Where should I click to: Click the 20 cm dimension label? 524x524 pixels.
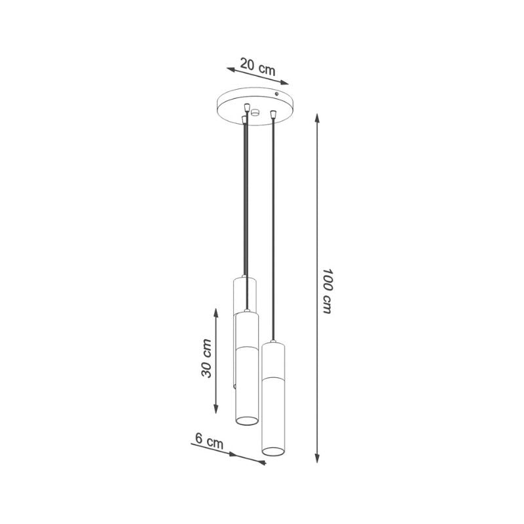[x=257, y=67]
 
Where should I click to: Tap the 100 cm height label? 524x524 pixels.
[x=328, y=290]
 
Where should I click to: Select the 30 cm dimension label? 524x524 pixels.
[x=206, y=358]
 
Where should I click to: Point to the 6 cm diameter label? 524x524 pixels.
[x=209, y=441]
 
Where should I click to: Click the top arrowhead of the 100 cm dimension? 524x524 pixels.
[x=317, y=118]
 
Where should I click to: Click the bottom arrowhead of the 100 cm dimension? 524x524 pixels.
[x=317, y=458]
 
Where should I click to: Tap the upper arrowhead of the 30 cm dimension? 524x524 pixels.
[x=216, y=313]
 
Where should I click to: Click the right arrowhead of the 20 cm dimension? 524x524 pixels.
[x=284, y=83]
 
